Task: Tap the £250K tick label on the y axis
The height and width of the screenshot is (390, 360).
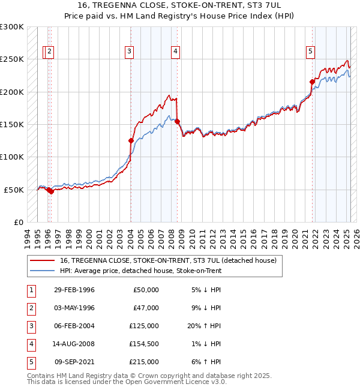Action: (12, 59)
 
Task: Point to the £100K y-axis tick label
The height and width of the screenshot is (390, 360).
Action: (12, 157)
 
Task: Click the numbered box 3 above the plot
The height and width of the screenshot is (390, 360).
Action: (129, 52)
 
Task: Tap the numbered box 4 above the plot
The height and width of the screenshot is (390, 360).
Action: (175, 52)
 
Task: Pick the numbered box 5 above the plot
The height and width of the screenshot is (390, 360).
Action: (310, 52)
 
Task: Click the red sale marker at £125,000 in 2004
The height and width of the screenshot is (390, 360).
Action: (131, 140)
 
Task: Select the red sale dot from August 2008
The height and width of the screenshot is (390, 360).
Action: (178, 122)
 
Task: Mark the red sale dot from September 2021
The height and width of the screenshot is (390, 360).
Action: (312, 82)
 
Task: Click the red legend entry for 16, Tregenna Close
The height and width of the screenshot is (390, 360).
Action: (168, 260)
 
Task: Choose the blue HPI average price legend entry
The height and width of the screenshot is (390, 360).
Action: (140, 271)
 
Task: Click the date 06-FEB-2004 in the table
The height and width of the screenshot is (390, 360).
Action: (74, 326)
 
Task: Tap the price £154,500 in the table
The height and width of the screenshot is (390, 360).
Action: (143, 344)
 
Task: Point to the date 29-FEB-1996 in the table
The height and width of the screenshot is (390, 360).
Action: (74, 290)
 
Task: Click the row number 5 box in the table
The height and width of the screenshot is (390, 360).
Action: (31, 362)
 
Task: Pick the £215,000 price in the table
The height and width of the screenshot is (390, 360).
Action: (143, 362)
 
